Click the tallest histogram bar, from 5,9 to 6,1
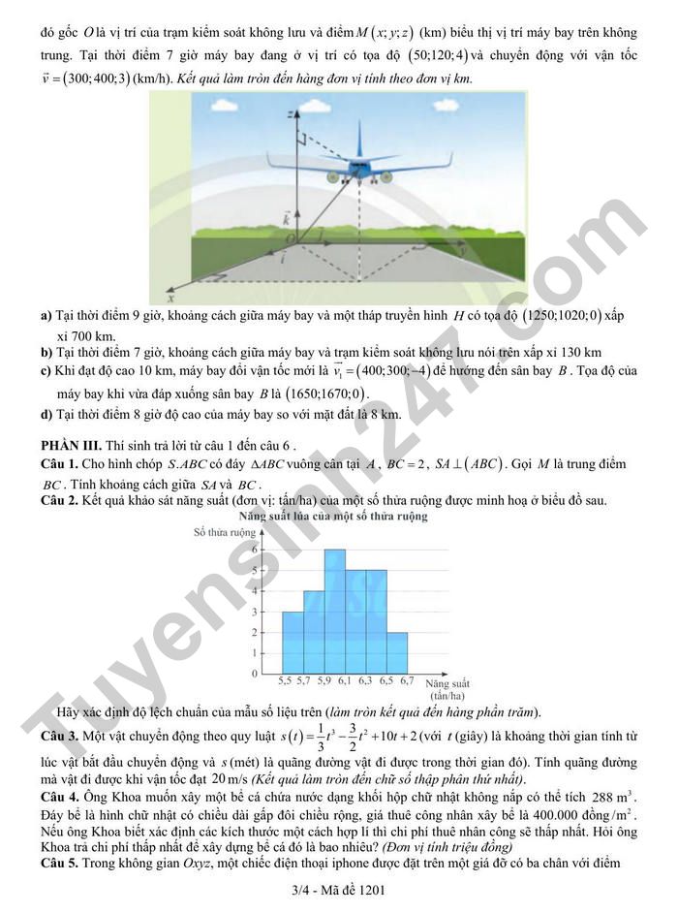335,611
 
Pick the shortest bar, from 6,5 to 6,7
396,651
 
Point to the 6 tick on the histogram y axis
255,550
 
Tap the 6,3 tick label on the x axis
366,681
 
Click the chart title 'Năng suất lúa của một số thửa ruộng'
333,517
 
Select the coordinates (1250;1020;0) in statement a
562,315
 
